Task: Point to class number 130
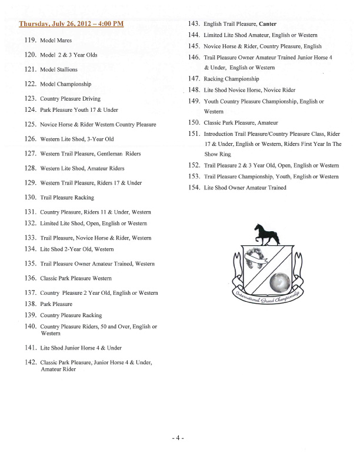pyautogui.click(x=31, y=197)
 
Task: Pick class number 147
pyautogui.click(x=195, y=78)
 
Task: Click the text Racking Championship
pyautogui.click(x=231, y=79)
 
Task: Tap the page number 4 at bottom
pyautogui.click(x=178, y=438)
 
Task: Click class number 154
pyautogui.click(x=195, y=188)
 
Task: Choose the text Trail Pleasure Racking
pyautogui.click(x=66, y=198)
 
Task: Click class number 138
pyautogui.click(x=31, y=304)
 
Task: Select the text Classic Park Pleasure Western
pyautogui.click(x=76, y=278)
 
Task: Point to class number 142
pyautogui.click(x=31, y=362)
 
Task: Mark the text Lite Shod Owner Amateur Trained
pyautogui.click(x=245, y=188)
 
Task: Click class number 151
pyautogui.click(x=195, y=134)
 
